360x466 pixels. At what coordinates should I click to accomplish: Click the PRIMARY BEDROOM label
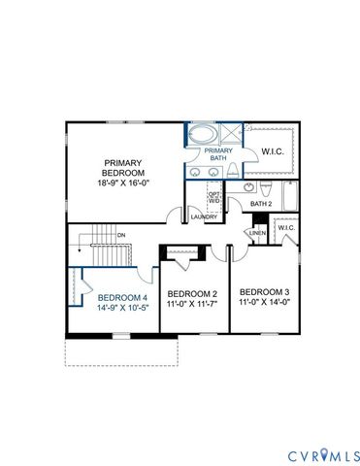[124, 167]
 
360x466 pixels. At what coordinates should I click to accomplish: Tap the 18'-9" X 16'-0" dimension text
[124, 183]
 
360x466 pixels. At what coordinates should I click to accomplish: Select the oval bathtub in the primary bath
[204, 136]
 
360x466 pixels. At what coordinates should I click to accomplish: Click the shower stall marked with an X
[231, 134]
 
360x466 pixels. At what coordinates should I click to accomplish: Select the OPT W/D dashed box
[215, 197]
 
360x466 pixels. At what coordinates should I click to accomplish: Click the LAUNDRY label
[204, 216]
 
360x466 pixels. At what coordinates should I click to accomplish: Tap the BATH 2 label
[260, 204]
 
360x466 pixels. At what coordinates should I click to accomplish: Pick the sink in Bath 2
[249, 186]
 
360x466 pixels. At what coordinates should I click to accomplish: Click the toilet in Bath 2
[268, 186]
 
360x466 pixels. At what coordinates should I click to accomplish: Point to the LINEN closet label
[256, 233]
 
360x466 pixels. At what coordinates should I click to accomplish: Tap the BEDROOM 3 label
[265, 292]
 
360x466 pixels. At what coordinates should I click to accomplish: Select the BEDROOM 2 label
[192, 294]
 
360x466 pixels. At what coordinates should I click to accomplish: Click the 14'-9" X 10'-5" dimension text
[121, 307]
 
